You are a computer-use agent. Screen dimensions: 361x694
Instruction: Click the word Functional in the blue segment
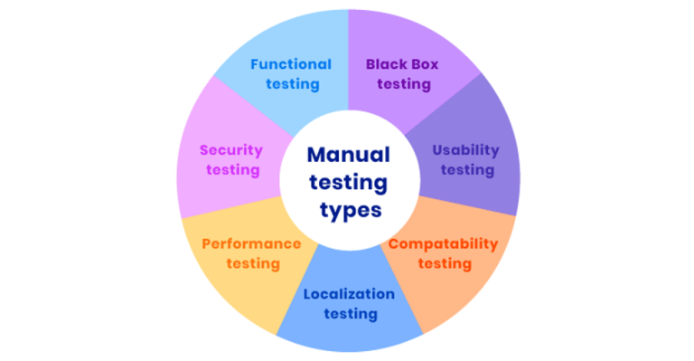[291, 64]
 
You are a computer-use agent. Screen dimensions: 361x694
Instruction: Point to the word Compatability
[443, 243]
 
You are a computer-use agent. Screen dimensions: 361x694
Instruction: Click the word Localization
[349, 294]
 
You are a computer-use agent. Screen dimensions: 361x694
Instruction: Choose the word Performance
[251, 243]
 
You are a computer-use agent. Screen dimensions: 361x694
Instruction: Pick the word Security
[231, 149]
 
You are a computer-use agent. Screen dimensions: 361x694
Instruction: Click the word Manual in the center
[348, 155]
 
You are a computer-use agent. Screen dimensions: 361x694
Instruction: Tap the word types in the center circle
[348, 209]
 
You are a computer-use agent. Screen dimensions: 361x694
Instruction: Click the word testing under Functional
[291, 84]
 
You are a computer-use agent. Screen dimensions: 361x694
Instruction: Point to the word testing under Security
[232, 169]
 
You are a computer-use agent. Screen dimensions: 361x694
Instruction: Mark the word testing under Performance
[252, 263]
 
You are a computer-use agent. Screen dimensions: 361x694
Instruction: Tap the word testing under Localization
[349, 314]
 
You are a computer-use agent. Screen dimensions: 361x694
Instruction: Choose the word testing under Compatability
[443, 263]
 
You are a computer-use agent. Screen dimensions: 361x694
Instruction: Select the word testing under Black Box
[404, 84]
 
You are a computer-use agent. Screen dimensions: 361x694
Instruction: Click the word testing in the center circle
[348, 182]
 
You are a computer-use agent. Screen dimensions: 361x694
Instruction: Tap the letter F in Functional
[255, 64]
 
